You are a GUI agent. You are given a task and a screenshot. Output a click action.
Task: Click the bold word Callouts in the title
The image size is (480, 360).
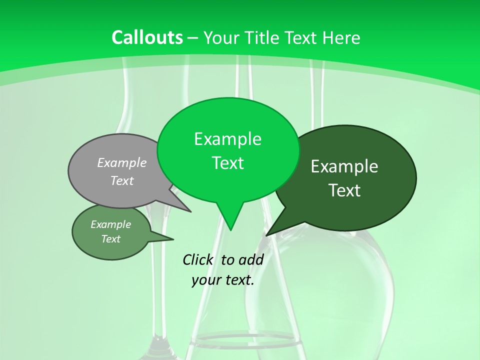pos(147,37)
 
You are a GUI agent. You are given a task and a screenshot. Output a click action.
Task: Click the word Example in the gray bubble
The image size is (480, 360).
pos(122,162)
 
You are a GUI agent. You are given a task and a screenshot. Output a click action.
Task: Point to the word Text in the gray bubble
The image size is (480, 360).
pos(122,180)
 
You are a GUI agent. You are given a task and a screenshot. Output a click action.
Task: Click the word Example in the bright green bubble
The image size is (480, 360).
pos(227,139)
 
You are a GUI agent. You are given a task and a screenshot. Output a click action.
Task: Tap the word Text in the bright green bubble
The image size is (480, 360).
pos(227,163)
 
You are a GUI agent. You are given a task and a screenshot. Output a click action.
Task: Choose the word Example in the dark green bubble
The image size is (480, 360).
pos(344,166)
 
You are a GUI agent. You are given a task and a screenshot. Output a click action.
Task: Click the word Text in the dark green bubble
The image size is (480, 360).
pos(344,190)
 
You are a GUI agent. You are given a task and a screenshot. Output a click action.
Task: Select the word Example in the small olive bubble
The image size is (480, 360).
pos(111,224)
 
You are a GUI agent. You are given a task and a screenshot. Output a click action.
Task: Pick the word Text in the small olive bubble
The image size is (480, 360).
pos(111,239)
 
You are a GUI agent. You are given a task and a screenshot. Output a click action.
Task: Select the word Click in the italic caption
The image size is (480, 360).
pos(197,259)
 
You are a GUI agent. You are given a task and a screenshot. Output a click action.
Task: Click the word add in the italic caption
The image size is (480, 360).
pos(250,259)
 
